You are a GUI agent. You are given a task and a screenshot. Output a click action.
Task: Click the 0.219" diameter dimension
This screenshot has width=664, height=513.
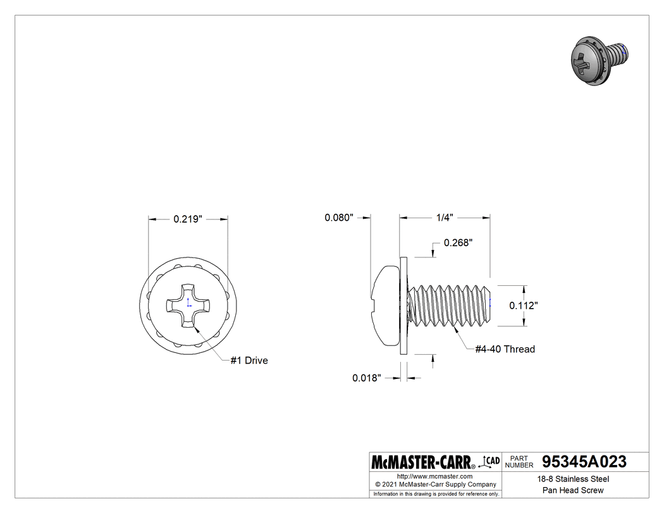[187, 219]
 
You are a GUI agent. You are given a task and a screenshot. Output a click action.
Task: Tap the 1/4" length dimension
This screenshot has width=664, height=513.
[445, 218]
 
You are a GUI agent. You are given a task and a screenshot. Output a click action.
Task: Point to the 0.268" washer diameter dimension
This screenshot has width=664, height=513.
[458, 243]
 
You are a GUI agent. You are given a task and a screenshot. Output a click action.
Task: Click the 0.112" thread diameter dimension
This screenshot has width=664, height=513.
[524, 306]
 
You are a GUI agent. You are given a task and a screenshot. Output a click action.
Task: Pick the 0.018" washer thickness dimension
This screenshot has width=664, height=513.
[367, 378]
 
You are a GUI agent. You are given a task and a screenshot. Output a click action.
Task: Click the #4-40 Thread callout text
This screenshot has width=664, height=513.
[505, 349]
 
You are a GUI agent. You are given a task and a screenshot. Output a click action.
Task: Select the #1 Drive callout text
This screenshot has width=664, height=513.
[249, 361]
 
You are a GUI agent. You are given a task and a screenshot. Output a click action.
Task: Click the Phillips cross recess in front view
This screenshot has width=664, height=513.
[188, 306]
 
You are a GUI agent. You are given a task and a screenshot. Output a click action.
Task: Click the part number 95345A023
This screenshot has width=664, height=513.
[584, 462]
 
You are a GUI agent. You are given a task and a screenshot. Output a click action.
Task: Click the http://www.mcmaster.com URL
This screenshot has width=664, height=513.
[434, 476]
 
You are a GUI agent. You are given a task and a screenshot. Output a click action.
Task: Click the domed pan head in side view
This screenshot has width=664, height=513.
[384, 306]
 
